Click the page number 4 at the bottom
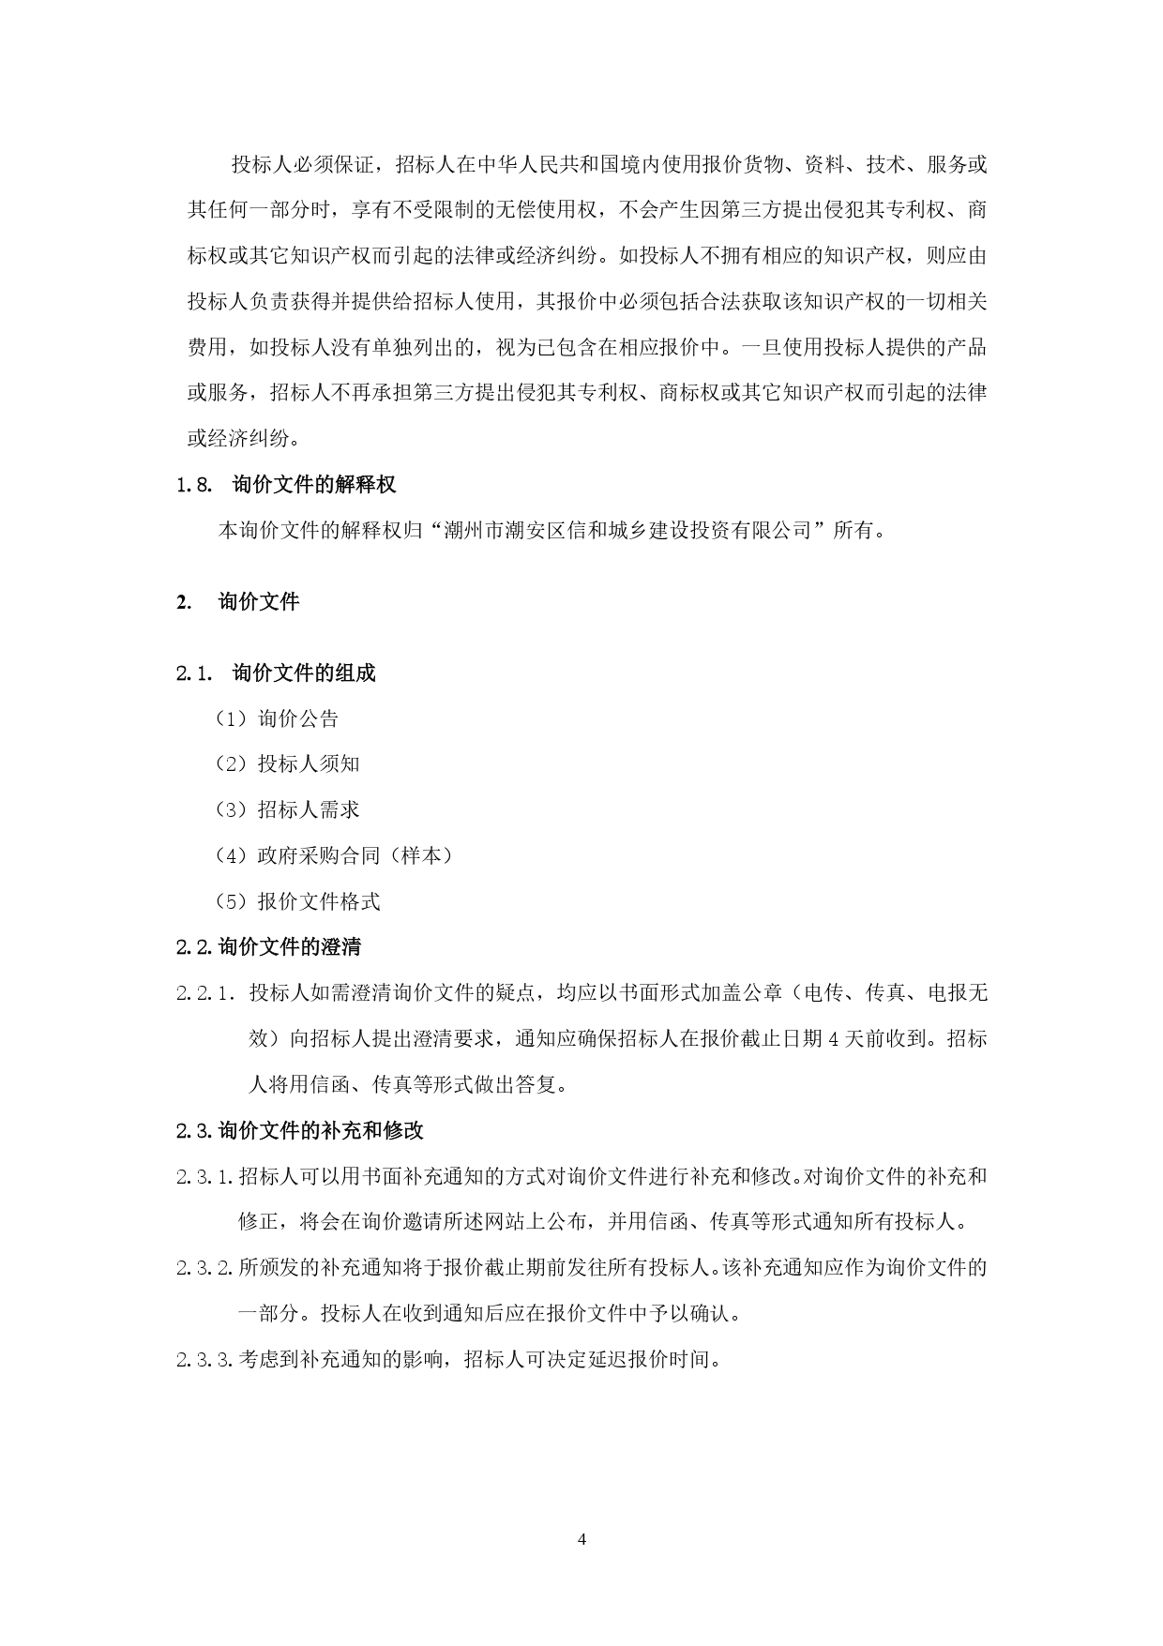tap(581, 1539)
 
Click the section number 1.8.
tap(195, 485)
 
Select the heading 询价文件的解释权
tap(313, 485)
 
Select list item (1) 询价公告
tap(277, 719)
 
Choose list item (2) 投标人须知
tap(287, 764)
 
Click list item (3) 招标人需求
tap(287, 810)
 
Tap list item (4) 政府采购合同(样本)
tap(334, 855)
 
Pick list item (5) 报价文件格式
tap(297, 902)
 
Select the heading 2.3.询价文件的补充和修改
tap(299, 1131)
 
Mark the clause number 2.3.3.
tap(204, 1360)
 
